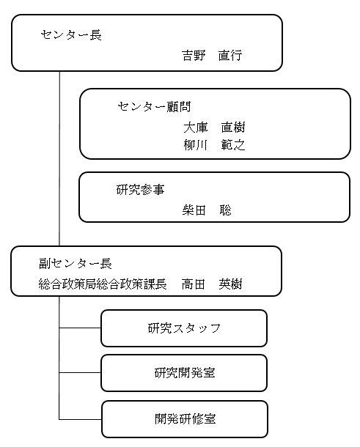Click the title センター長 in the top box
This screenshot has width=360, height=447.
71,35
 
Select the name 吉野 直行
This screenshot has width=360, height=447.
212,55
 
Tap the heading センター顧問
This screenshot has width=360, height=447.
154,107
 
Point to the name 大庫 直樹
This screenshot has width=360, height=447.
214,128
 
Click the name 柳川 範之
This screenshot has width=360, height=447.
214,145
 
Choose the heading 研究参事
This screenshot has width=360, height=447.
140,190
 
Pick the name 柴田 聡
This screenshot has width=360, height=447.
207,210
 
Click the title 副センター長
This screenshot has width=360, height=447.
76,264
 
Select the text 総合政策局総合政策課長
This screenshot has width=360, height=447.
103,284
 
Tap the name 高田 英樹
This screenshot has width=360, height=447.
212,284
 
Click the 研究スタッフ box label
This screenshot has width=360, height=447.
184,328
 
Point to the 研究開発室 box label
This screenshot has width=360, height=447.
185,373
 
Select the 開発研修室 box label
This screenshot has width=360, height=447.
185,418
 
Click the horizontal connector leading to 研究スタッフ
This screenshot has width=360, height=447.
80,328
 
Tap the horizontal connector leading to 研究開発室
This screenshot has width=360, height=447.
80,372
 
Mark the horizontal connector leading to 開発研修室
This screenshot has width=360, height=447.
81,419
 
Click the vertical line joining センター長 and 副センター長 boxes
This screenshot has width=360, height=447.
59,158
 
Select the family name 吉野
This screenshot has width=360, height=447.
194,55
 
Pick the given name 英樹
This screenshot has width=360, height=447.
230,284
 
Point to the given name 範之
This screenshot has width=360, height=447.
233,145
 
